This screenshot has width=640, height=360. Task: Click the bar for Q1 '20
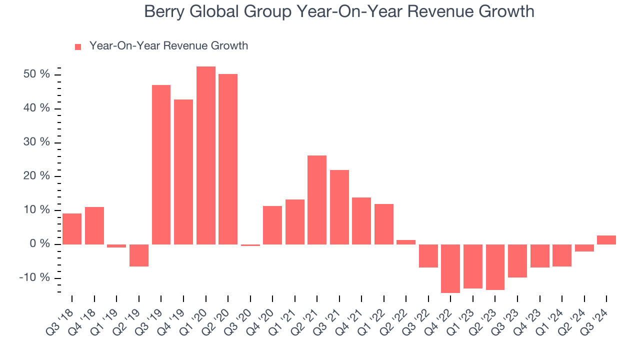[x=206, y=155]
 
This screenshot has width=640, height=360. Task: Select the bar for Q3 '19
[x=161, y=164]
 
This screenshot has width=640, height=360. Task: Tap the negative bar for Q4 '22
[x=450, y=268]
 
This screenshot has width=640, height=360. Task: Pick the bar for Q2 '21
[x=317, y=200]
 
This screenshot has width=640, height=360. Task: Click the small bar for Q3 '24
[x=606, y=240]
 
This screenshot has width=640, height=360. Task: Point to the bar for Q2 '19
[x=139, y=255]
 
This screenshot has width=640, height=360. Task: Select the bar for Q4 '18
[x=94, y=225]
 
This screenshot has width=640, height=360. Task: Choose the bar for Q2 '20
[x=228, y=159]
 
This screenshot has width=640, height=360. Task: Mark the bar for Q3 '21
[x=339, y=207]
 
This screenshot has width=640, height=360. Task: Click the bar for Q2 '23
[x=495, y=267]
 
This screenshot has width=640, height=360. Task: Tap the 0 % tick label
[x=40, y=244]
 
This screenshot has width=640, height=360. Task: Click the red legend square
[x=78, y=47]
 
